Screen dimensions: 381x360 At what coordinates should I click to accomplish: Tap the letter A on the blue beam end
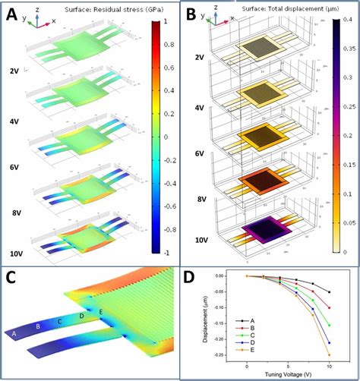tap(14, 333)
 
